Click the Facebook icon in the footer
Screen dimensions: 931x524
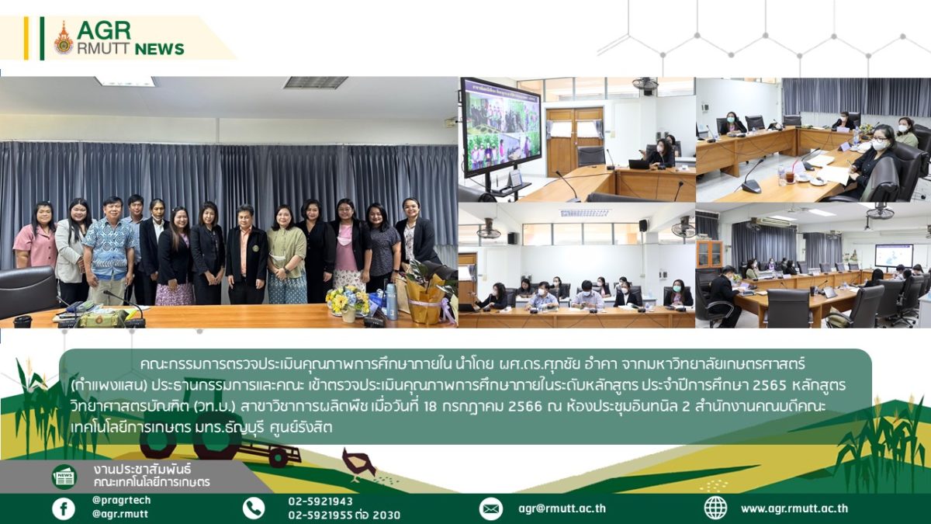pos(64,508)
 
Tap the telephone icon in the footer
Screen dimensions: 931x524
pos(253,508)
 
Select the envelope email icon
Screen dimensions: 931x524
pos(491,508)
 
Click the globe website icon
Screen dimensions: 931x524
pos(715,508)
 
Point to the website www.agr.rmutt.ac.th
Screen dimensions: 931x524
pos(794,508)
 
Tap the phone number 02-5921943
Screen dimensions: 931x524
pos(320,501)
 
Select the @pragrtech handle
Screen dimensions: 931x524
pos(121,500)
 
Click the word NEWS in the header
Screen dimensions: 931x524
pos(159,49)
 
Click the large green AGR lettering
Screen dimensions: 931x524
pos(104,30)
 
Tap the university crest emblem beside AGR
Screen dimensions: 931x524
pos(64,38)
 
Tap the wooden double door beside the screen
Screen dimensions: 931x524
pos(574,141)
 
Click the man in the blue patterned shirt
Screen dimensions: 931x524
pos(108,250)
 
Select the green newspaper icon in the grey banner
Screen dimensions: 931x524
pos(64,477)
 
